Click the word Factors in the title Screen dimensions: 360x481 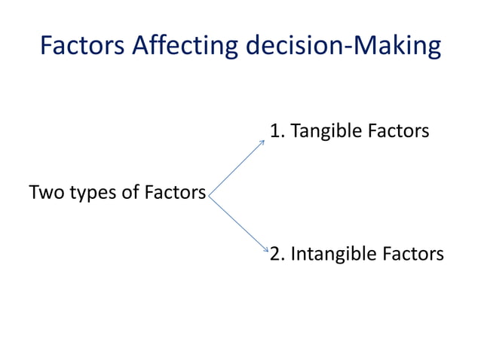tap(82, 46)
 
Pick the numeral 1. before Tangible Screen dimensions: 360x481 tap(277, 132)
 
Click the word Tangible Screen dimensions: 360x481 tap(326, 133)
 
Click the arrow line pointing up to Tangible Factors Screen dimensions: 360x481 tap(236, 167)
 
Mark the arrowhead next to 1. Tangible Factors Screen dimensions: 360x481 tap(262, 141)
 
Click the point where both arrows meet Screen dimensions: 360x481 tap(209, 195)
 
